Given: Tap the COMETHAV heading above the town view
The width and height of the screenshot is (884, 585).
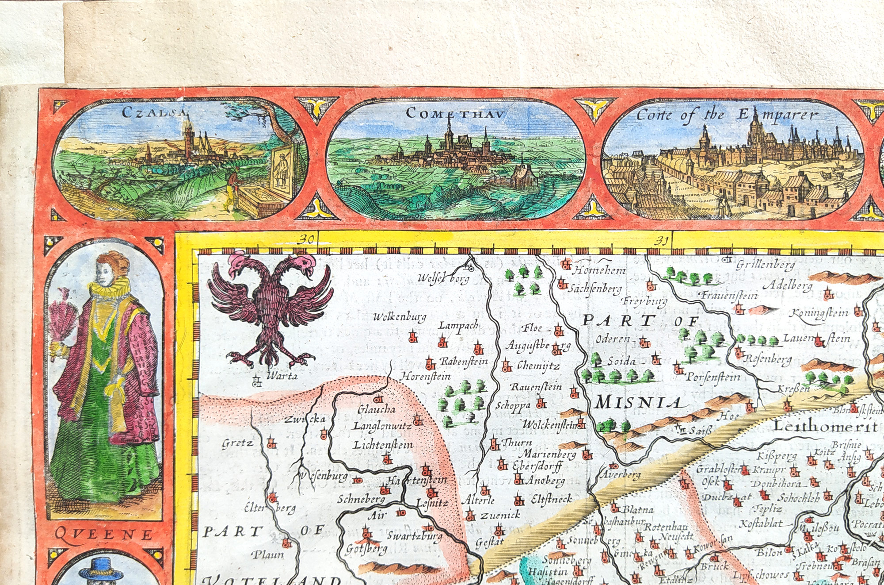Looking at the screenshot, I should [x=455, y=114].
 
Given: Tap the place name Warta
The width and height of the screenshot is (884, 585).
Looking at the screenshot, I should [x=282, y=377].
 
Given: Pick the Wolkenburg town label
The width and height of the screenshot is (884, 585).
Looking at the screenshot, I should [x=400, y=317].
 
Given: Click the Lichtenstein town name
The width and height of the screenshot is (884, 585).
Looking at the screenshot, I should [x=383, y=445].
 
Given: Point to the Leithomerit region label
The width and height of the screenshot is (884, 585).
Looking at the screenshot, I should [x=825, y=426].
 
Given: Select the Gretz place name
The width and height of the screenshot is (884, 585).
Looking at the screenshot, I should [x=238, y=443].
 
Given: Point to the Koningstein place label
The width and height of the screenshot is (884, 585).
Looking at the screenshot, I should [x=819, y=313].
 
